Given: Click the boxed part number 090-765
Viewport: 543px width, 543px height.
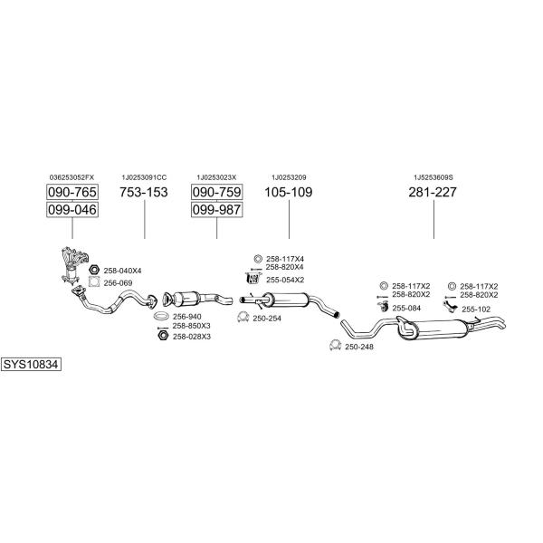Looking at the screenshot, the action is (x=72, y=192).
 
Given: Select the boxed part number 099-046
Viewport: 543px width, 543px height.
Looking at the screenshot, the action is (x=72, y=210).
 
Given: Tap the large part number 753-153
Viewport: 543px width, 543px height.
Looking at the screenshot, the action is (x=144, y=192).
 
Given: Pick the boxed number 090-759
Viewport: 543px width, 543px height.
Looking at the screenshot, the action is (x=217, y=192).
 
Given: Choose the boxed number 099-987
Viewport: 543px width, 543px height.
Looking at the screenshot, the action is (x=217, y=210).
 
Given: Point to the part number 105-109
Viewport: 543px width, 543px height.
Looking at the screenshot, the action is (x=289, y=192).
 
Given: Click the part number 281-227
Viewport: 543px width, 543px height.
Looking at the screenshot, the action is (x=433, y=192).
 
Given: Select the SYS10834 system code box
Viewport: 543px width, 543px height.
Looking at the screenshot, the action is (x=31, y=365).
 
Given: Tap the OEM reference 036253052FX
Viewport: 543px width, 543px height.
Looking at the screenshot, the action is (x=71, y=177).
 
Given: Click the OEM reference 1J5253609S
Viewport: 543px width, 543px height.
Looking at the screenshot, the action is (x=433, y=177).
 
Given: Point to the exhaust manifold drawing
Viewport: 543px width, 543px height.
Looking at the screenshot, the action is (x=74, y=264).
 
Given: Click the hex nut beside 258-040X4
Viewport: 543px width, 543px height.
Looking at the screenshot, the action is (x=94, y=270).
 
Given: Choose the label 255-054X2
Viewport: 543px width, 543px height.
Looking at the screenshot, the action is (x=285, y=280).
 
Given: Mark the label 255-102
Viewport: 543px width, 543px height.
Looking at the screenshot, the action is (x=476, y=310).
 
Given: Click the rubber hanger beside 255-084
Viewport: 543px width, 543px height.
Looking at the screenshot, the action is (x=382, y=307).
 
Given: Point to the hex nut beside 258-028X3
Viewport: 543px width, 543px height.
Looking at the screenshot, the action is (x=163, y=336).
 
